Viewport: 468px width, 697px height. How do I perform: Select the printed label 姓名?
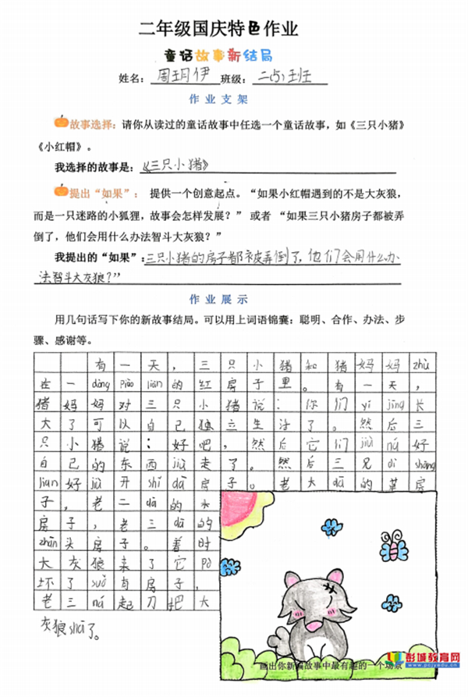click(x=131, y=79)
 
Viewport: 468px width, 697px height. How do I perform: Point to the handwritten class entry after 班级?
click(x=280, y=78)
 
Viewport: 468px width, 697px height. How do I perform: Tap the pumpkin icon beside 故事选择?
click(x=60, y=123)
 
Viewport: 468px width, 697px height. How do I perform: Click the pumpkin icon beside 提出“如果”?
click(x=60, y=190)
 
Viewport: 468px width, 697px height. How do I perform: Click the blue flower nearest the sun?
click(x=331, y=525)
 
